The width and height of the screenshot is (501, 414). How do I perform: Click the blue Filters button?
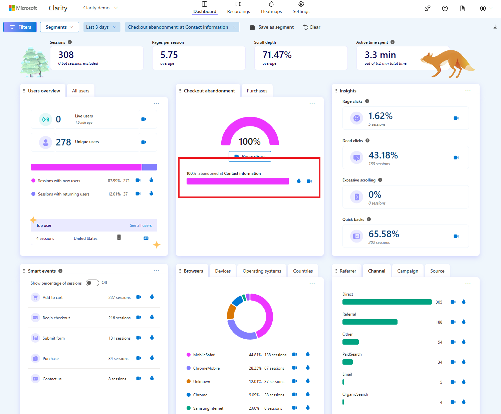click(x=20, y=27)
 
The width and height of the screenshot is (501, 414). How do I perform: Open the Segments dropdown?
click(x=59, y=27)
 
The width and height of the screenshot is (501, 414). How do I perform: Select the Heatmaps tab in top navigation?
click(x=271, y=8)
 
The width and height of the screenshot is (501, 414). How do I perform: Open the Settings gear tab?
click(x=301, y=8)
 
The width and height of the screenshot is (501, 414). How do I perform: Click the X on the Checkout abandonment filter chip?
click(x=234, y=27)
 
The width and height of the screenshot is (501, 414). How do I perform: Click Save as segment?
click(x=272, y=27)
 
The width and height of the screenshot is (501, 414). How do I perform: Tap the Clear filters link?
click(x=312, y=27)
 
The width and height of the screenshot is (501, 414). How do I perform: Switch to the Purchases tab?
click(x=257, y=91)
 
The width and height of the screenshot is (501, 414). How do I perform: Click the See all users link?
click(x=141, y=226)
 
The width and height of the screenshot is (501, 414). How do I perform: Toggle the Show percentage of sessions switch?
click(x=92, y=283)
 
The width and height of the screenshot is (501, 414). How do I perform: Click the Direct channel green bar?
click(x=387, y=302)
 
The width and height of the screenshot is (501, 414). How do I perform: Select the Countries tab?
click(x=303, y=271)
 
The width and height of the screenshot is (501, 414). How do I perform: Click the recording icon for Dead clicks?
click(x=456, y=157)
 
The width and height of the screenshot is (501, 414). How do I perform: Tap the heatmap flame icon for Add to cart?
click(x=152, y=297)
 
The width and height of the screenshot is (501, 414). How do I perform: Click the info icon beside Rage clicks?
click(x=367, y=101)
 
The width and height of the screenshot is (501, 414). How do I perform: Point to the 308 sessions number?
click(x=66, y=55)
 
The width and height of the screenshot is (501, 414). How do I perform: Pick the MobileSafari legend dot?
click(x=189, y=355)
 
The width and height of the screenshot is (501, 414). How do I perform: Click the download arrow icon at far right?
click(x=495, y=27)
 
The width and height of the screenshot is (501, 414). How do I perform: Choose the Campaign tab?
click(x=408, y=271)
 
